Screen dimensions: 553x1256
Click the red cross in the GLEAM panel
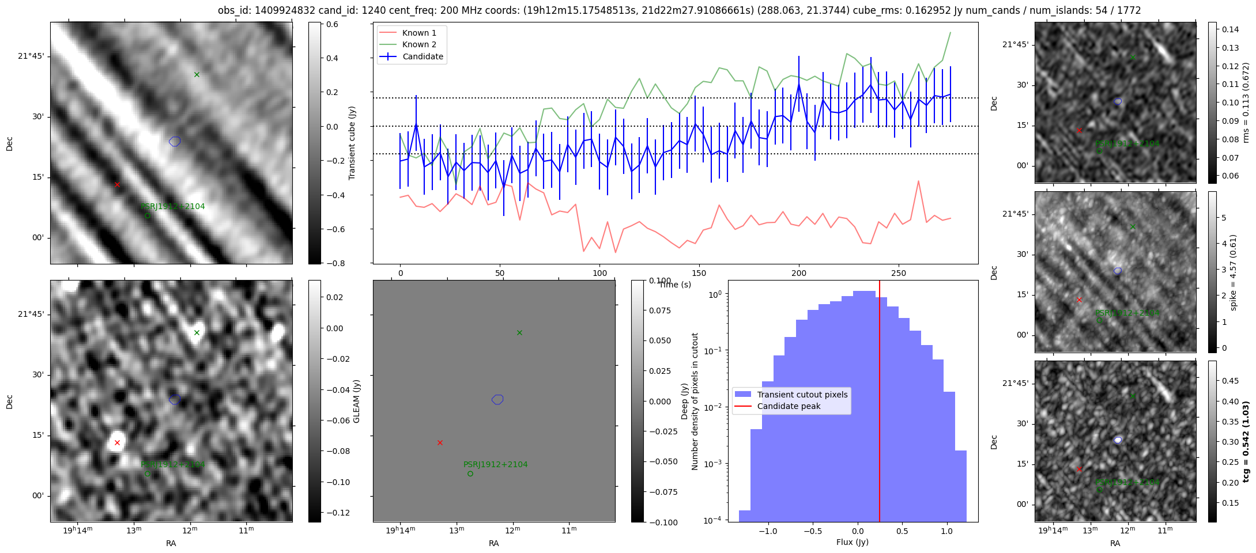click(117, 442)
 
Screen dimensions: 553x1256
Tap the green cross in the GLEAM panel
click(197, 332)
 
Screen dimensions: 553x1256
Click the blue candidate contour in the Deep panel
click(498, 399)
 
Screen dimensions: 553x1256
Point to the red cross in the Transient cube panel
click(117, 184)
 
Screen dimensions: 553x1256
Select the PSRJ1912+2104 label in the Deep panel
click(495, 464)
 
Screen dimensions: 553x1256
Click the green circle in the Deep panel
click(470, 474)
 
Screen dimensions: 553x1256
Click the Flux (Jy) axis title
click(852, 542)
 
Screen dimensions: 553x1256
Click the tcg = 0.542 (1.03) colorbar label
click(1246, 442)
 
